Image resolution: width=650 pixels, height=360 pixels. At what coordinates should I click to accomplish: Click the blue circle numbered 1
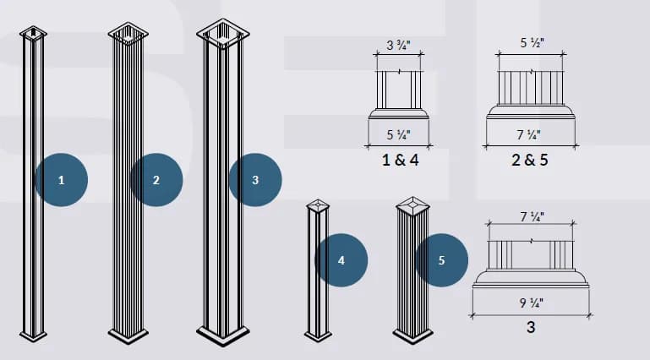tap(62, 180)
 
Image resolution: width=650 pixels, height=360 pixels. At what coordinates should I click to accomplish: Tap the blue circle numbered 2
tap(156, 180)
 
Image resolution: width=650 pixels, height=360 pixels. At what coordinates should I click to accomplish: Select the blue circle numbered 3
tap(255, 180)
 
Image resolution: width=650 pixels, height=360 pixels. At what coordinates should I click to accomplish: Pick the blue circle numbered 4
tap(341, 260)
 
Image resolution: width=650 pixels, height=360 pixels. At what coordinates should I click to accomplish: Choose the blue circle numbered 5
tap(441, 260)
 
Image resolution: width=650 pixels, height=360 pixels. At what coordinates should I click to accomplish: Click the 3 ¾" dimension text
tap(398, 45)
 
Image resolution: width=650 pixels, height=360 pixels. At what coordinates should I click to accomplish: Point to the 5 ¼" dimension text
tap(398, 134)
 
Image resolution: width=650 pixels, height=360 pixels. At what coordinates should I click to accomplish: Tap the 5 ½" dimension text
tap(533, 42)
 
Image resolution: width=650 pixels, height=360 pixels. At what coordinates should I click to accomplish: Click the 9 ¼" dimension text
tap(532, 303)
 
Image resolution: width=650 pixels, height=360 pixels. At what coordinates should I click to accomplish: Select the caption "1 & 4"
tap(400, 160)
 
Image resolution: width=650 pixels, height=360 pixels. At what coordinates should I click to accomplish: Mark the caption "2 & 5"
tap(530, 160)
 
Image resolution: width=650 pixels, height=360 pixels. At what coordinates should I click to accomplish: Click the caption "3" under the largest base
tap(531, 327)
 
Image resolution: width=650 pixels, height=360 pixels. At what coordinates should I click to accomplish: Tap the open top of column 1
tap(33, 33)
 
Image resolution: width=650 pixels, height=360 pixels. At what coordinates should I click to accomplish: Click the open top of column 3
tap(223, 34)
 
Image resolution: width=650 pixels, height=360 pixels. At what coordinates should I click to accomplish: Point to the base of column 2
tap(128, 335)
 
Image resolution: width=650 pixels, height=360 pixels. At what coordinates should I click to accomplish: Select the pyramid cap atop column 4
tap(318, 205)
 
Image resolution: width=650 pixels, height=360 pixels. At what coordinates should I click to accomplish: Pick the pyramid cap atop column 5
tap(412, 205)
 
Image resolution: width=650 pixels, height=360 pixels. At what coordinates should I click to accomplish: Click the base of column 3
tap(223, 334)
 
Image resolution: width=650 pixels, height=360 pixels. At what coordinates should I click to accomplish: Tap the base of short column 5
tap(412, 335)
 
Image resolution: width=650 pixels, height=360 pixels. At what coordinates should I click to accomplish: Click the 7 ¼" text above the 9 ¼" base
tap(533, 216)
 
